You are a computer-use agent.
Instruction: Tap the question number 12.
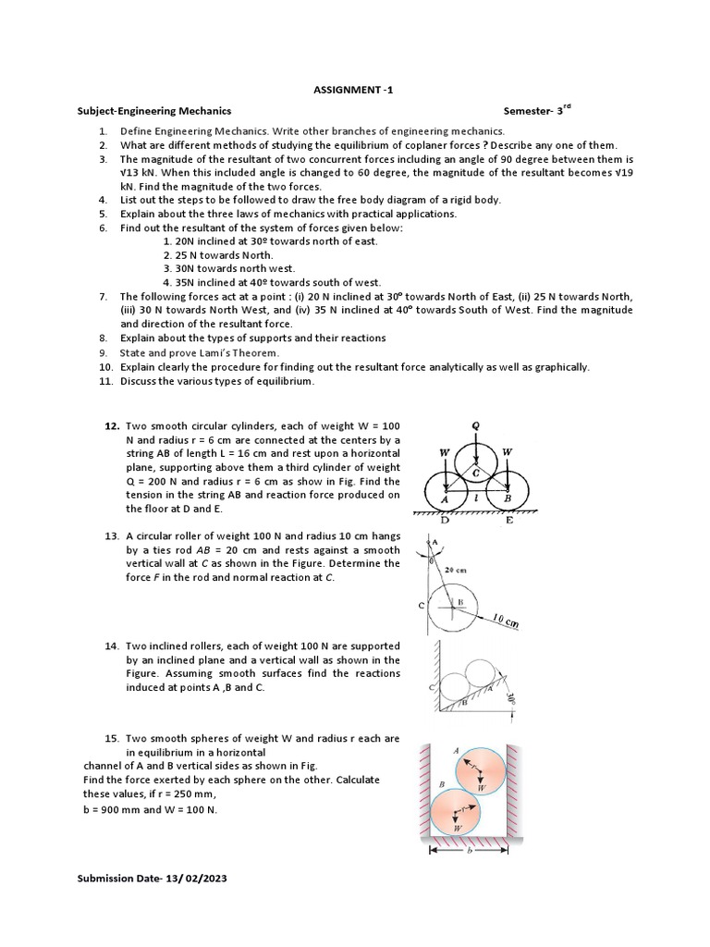(112, 424)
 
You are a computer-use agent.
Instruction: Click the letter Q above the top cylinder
(476, 426)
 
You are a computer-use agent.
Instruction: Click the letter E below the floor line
(509, 521)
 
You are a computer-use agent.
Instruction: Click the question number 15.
(112, 739)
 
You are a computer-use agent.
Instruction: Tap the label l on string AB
(476, 497)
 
